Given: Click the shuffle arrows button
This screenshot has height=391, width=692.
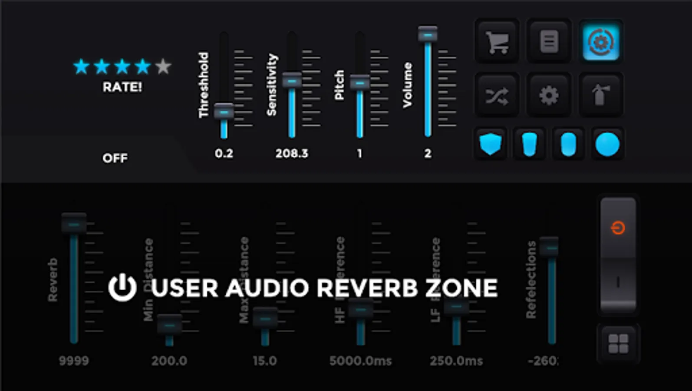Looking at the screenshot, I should coord(497,96).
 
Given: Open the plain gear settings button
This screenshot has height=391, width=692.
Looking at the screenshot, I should coord(549,96).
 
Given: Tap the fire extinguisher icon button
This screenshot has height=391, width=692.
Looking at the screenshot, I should coord(601,96).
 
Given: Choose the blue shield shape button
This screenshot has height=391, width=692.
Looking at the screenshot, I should coord(491,144).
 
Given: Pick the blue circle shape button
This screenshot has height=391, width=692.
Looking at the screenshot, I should coord(607,144).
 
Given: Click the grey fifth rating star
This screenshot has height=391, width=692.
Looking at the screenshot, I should coord(163,66).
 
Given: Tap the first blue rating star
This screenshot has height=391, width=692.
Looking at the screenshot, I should coord(81,66).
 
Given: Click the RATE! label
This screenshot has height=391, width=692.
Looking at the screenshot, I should coord(122,87).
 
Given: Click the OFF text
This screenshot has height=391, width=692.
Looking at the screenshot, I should coord(115,158).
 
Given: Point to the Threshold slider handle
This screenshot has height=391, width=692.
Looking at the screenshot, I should coord(224,112).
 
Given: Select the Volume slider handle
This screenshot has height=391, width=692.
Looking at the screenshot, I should coord(428,34).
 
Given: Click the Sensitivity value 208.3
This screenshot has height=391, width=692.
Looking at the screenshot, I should coord(292,153).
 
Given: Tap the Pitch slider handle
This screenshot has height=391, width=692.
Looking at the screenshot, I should coord(360,83).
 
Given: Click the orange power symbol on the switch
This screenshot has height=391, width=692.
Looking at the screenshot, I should coord(618,228).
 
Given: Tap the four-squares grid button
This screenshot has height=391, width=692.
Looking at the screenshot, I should coord(618,344).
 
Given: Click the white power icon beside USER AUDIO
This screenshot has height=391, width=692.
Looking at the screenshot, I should coord(122,288).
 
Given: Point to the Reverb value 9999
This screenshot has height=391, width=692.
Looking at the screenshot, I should coord(74,361).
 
